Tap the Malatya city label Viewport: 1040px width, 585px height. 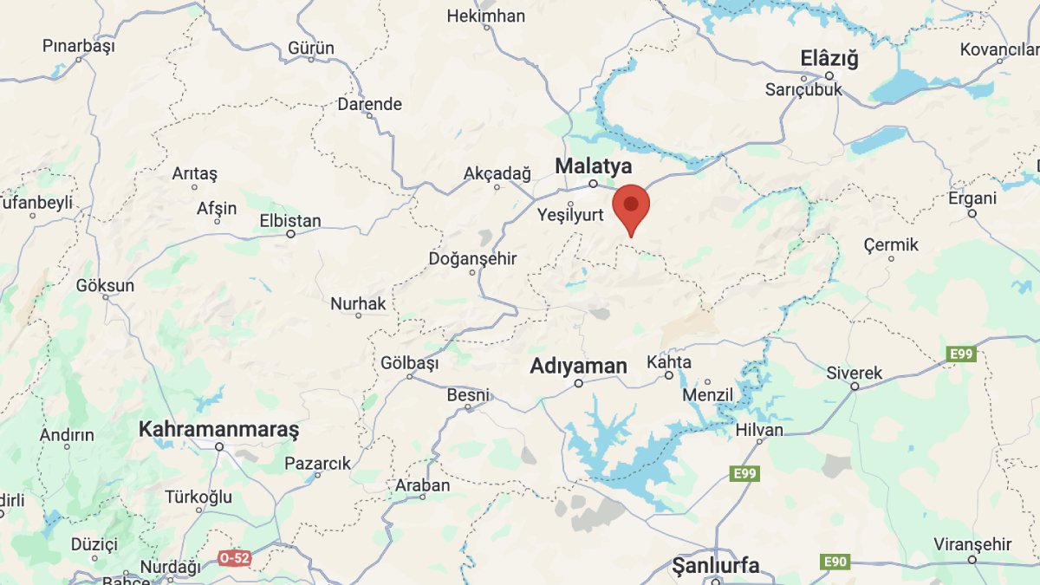[x=594, y=166]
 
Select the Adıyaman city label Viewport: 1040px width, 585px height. [x=578, y=367]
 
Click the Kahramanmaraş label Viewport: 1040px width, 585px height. [x=218, y=429]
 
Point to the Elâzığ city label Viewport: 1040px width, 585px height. [x=829, y=59]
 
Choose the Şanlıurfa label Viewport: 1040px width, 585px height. [x=716, y=566]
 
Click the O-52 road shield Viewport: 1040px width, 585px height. [x=234, y=558]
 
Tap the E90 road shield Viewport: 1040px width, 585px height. [x=834, y=562]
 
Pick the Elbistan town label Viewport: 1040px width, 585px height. [x=290, y=221]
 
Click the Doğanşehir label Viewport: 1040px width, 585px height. [x=472, y=258]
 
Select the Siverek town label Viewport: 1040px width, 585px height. [x=854, y=374]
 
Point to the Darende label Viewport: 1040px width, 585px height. [x=370, y=104]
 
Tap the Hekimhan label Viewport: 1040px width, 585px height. [x=486, y=16]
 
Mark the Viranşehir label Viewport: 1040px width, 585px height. [x=972, y=544]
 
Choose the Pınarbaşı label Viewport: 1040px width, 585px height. [x=79, y=46]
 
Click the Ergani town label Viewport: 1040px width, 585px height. [x=972, y=198]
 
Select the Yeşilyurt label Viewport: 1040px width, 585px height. [x=570, y=215]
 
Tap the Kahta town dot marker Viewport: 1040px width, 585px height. [x=669, y=375]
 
